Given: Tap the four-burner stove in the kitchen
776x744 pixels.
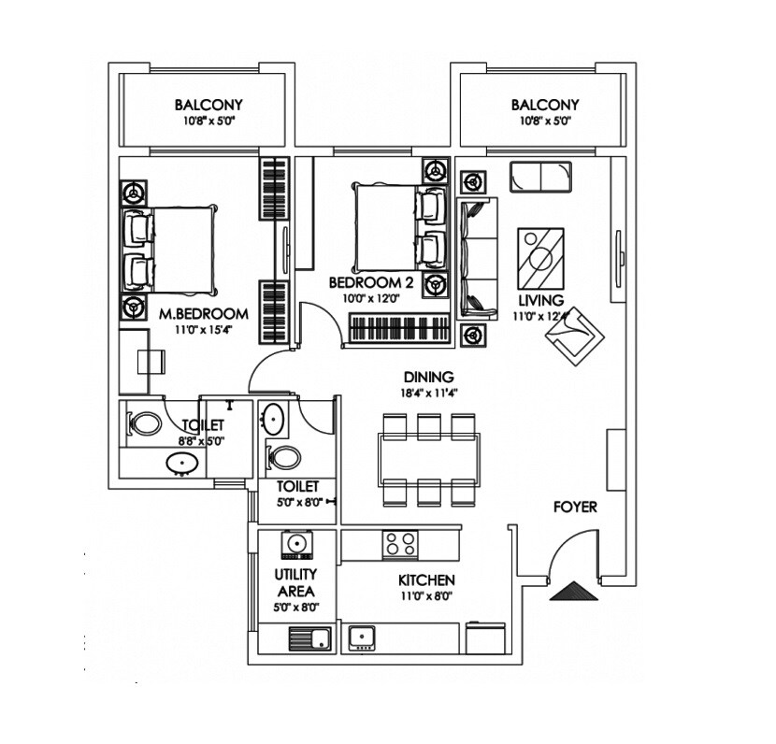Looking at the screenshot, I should (401, 543).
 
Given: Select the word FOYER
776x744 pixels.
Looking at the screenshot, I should (575, 508).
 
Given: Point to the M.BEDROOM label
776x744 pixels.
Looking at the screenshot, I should (203, 313).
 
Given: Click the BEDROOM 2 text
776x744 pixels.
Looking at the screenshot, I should (366, 281).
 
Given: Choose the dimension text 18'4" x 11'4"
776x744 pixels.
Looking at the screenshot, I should (429, 393).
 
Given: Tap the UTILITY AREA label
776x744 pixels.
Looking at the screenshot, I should (295, 582).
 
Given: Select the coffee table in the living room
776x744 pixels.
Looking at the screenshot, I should (541, 259).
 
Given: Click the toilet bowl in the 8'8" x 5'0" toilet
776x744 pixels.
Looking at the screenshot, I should (145, 424).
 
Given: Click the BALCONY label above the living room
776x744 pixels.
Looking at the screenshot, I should (545, 105).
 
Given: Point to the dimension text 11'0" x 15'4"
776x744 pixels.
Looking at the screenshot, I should (203, 329).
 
